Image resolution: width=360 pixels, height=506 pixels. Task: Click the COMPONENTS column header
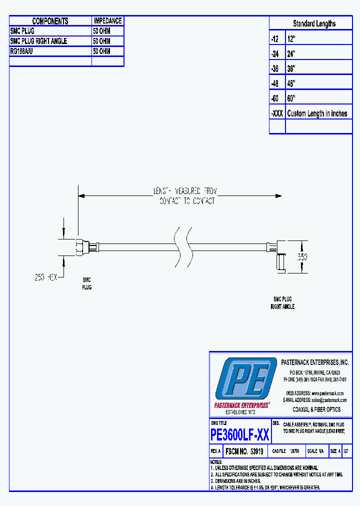click(x=50, y=21)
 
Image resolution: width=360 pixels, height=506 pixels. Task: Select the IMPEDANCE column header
click(x=107, y=21)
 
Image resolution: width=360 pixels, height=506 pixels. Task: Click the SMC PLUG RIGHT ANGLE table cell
click(x=38, y=41)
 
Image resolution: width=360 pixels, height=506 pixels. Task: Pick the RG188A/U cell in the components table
click(x=21, y=51)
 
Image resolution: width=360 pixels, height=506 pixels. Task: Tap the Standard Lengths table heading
click(x=314, y=23)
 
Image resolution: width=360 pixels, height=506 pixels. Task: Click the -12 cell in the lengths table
click(x=275, y=38)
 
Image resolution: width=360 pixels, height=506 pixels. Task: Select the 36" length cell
click(x=291, y=68)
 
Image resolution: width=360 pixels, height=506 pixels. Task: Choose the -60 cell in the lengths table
click(x=275, y=98)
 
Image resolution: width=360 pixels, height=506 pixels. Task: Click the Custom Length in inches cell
click(x=317, y=113)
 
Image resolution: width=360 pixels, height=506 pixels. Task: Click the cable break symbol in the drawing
click(x=182, y=246)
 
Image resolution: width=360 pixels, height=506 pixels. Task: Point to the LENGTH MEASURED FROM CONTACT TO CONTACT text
click(x=184, y=196)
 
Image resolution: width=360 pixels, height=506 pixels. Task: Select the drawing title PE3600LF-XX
click(x=240, y=435)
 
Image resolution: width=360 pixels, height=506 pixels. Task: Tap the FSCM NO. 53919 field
click(x=244, y=451)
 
